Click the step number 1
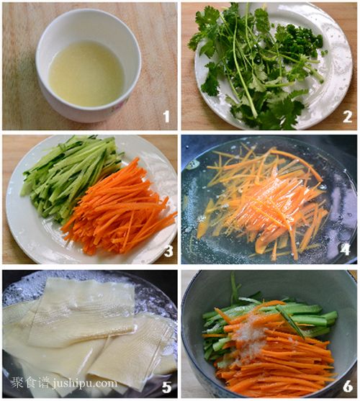tap(166, 117)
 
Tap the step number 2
tap(348, 117)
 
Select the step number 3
tap(168, 251)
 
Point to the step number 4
tap(346, 249)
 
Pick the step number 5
tap(167, 387)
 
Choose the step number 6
tap(348, 387)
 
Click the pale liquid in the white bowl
tap(86, 74)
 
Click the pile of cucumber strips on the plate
tap(69, 176)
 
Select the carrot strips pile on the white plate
tap(120, 207)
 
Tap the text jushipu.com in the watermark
tap(85, 384)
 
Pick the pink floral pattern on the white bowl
tap(122, 102)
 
